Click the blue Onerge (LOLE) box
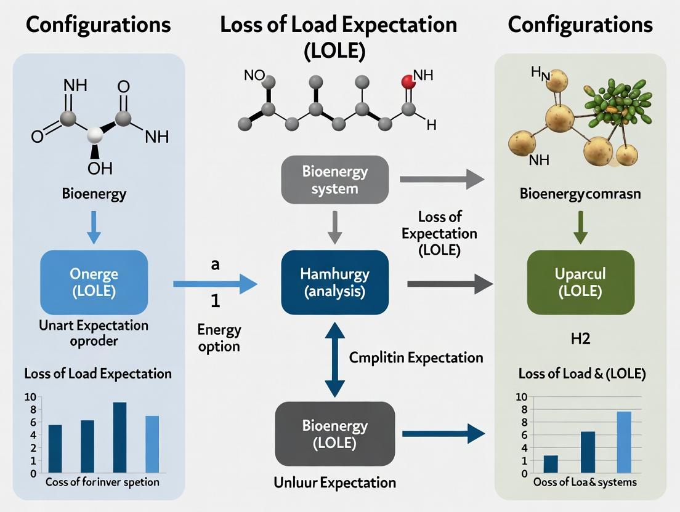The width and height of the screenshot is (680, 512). click(94, 282)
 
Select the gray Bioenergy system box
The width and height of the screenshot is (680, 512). click(334, 179)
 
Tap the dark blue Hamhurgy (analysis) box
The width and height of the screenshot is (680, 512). click(334, 282)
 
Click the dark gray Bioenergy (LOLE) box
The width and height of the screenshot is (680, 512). click(334, 433)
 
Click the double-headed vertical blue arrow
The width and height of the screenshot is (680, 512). click(334, 359)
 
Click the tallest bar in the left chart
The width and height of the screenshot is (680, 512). click(119, 437)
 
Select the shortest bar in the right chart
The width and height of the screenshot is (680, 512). click(551, 464)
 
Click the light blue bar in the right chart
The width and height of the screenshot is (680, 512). click(624, 442)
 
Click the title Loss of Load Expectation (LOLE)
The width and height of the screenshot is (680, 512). click(338, 37)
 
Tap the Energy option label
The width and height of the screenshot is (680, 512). click(219, 338)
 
